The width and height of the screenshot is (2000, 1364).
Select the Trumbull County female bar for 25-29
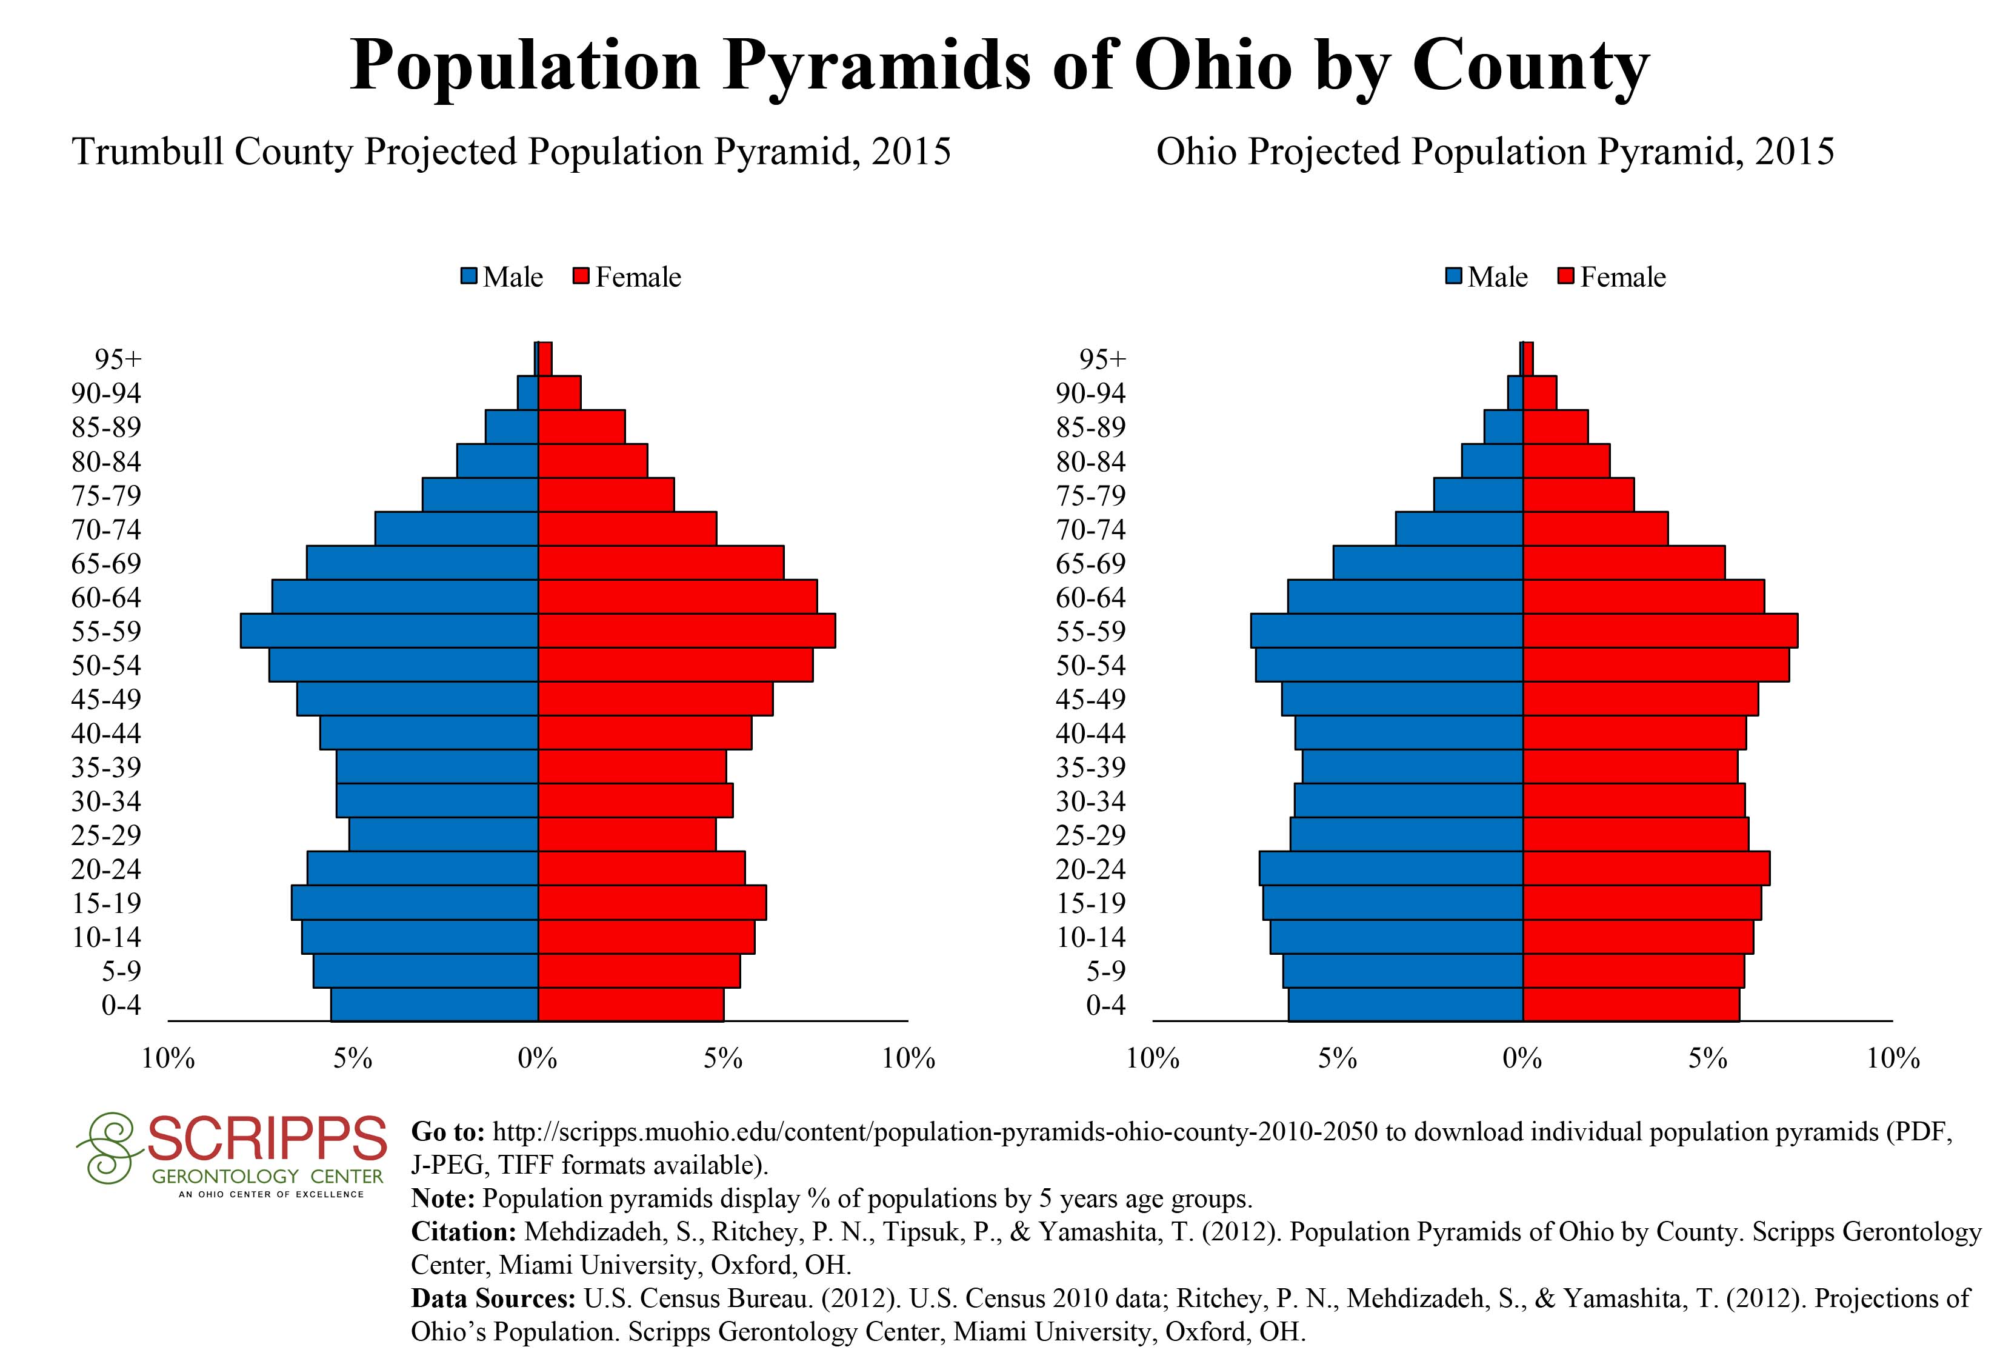(627, 835)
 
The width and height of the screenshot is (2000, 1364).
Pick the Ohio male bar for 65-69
(1428, 563)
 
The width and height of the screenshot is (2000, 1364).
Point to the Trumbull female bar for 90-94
(559, 392)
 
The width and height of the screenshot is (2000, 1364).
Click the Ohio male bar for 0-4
(1405, 1005)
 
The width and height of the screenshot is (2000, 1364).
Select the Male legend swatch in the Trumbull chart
(469, 277)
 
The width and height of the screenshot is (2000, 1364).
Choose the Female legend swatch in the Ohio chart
(1566, 277)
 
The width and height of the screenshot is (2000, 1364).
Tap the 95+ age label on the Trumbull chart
(118, 359)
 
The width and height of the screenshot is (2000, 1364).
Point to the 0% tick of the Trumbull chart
(538, 1058)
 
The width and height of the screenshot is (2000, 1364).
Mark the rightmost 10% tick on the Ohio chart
(1893, 1058)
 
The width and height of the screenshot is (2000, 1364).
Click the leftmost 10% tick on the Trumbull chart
(168, 1058)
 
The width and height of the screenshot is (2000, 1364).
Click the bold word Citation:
(463, 1231)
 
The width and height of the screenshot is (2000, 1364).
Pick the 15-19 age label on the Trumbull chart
(107, 903)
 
